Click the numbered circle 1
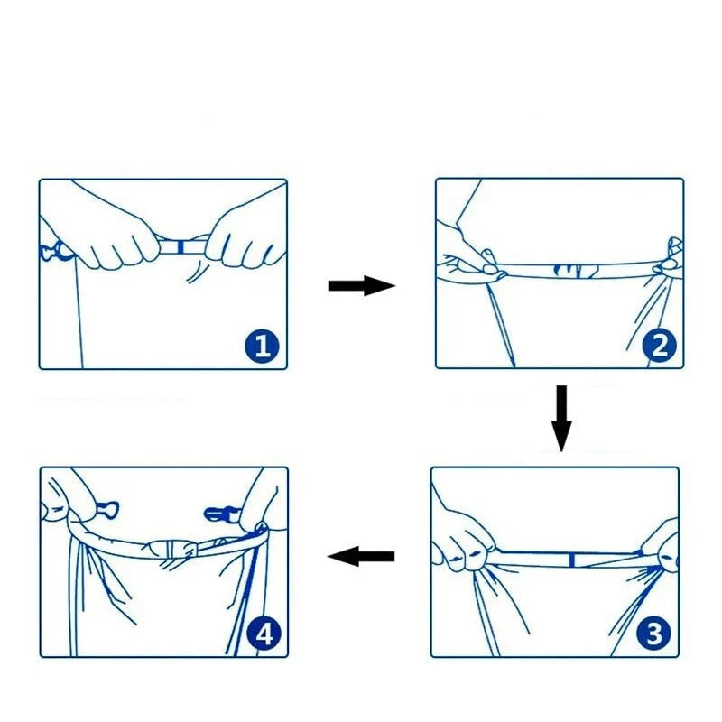click(262, 346)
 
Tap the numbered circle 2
click(660, 346)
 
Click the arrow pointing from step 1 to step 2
click(361, 286)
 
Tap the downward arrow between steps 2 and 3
click(561, 418)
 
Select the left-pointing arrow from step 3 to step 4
click(361, 557)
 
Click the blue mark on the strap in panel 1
click(184, 245)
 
